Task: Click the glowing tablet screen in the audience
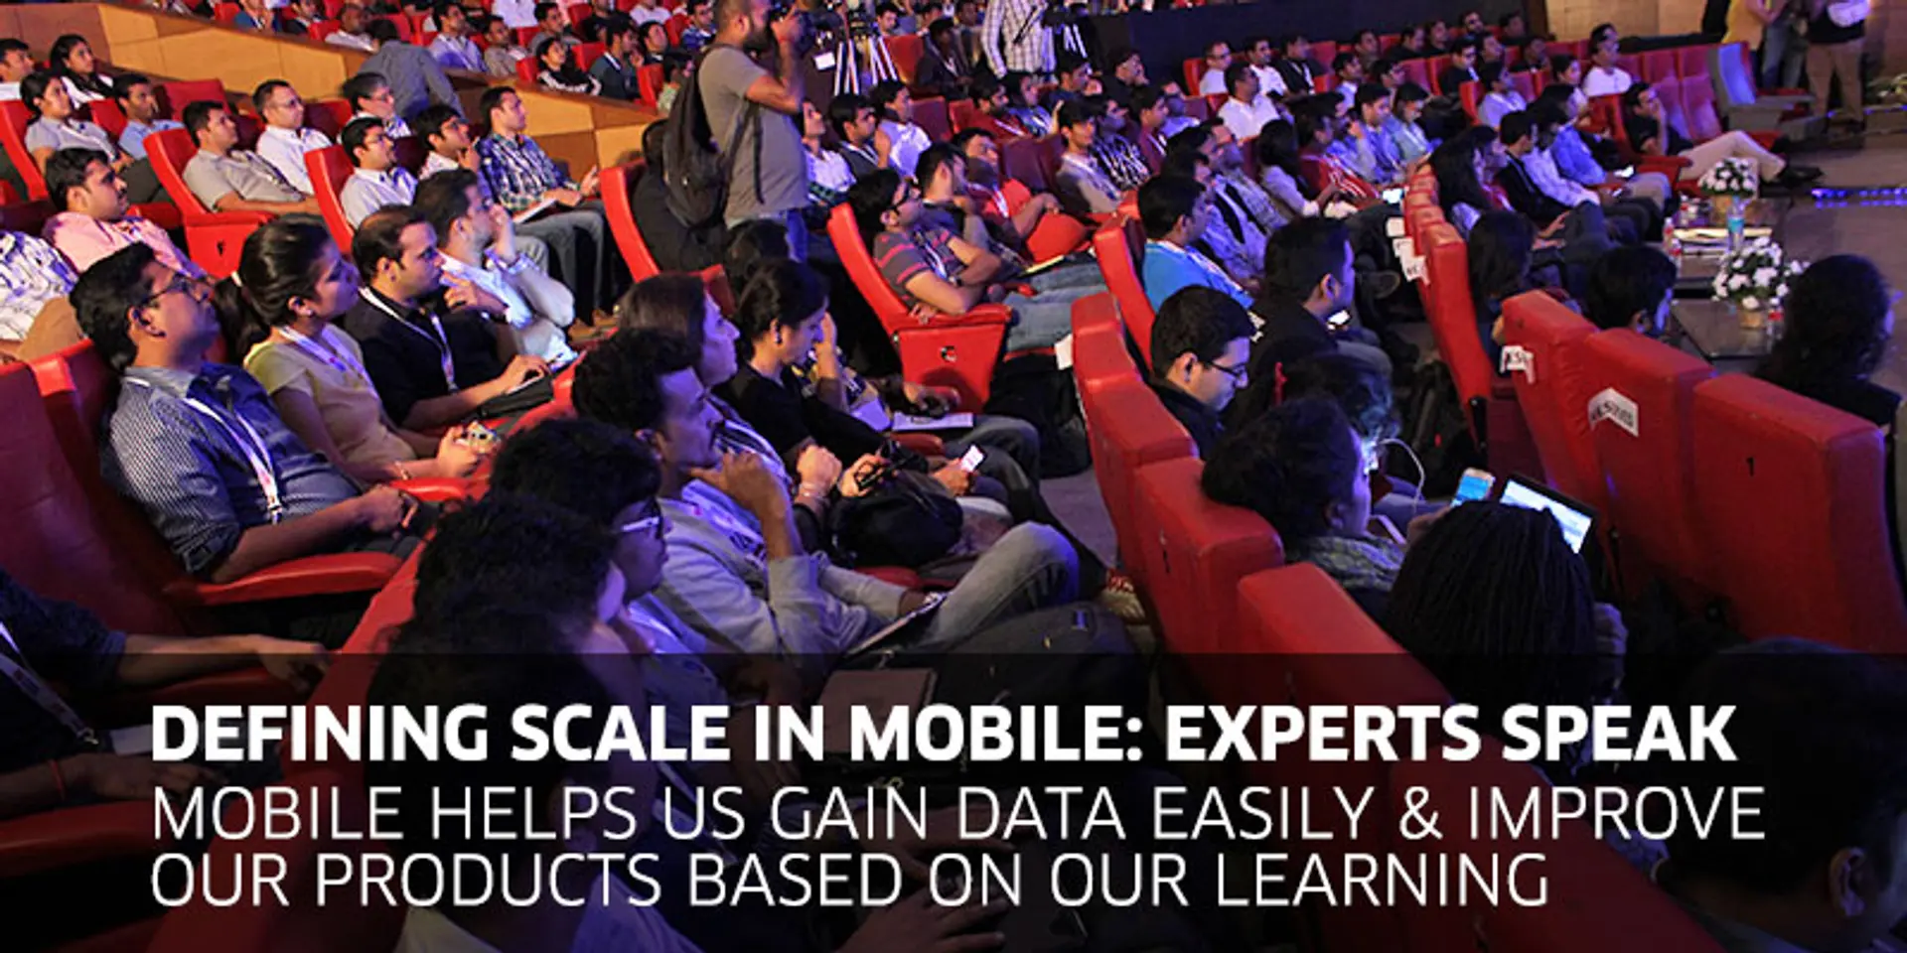click(1545, 510)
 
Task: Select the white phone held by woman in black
click(970, 458)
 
